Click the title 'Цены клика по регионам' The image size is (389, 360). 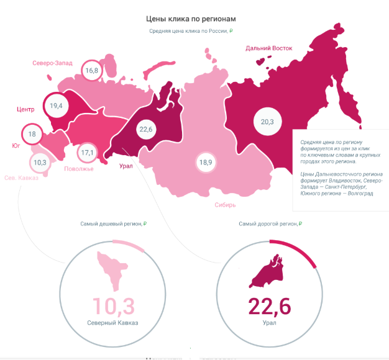[x=191, y=19]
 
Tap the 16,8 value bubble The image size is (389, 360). [x=92, y=71]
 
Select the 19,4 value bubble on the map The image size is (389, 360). [x=56, y=106]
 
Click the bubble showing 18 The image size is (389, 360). [x=32, y=134]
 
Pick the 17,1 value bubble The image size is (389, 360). [x=88, y=153]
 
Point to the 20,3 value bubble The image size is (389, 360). [x=267, y=122]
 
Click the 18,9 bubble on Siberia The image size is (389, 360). [x=206, y=163]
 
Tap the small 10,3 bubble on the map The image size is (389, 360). [x=40, y=163]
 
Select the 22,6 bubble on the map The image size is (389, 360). [x=147, y=129]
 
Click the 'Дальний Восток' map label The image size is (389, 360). [x=268, y=48]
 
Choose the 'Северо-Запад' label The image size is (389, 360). [x=52, y=63]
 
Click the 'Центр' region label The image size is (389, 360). [x=25, y=109]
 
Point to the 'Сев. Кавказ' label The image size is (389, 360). [x=21, y=178]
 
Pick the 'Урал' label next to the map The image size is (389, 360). [x=126, y=166]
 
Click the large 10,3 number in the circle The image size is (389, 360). [x=114, y=306]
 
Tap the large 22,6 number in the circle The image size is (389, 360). [x=270, y=306]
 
